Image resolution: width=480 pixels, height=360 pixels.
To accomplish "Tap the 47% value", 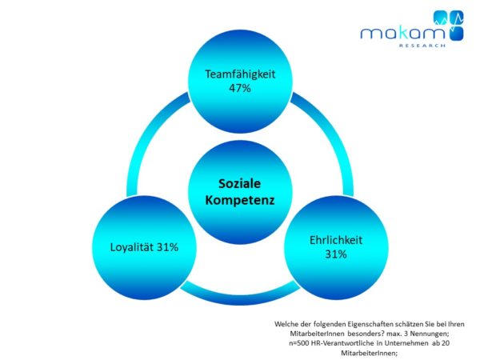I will [239, 88].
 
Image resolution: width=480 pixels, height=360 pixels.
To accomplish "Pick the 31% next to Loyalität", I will [185, 247].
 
